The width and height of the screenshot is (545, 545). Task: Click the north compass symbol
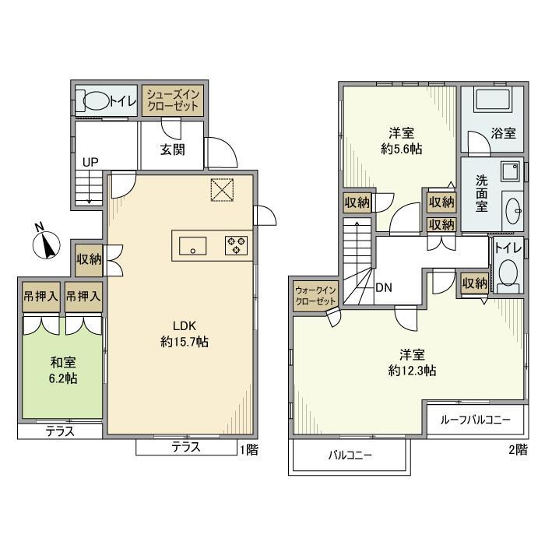click(46, 244)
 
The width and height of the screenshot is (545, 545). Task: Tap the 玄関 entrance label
click(172, 149)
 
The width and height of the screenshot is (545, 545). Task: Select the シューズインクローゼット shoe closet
click(172, 100)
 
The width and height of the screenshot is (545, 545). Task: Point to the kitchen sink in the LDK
click(192, 246)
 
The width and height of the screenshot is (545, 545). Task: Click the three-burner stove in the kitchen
click(237, 245)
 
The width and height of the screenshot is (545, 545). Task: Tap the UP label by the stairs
click(90, 162)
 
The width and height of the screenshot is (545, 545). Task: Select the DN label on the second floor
click(384, 287)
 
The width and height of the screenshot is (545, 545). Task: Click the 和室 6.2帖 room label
click(63, 370)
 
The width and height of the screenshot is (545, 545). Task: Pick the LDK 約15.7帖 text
click(185, 334)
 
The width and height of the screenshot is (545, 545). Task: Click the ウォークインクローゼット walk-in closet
click(315, 296)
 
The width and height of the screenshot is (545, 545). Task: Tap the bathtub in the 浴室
click(494, 100)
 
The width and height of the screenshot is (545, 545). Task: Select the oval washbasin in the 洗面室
click(514, 211)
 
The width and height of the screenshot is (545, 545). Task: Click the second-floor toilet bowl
click(508, 272)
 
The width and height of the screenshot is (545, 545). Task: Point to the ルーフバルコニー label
click(476, 420)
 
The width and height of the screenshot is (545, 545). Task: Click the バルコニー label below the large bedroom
click(350, 455)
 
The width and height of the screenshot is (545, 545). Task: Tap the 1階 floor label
click(249, 450)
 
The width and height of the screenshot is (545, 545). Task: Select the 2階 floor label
click(519, 450)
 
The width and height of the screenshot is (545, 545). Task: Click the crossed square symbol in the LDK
click(222, 190)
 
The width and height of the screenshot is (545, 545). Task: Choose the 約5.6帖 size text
click(402, 149)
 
